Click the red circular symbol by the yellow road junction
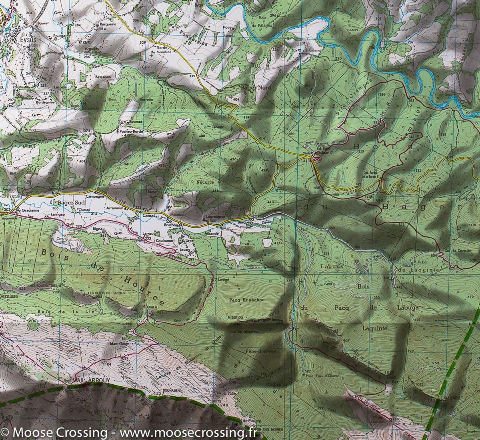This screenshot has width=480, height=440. coord(318,159)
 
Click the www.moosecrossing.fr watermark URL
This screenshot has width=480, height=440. coord(184,432)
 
